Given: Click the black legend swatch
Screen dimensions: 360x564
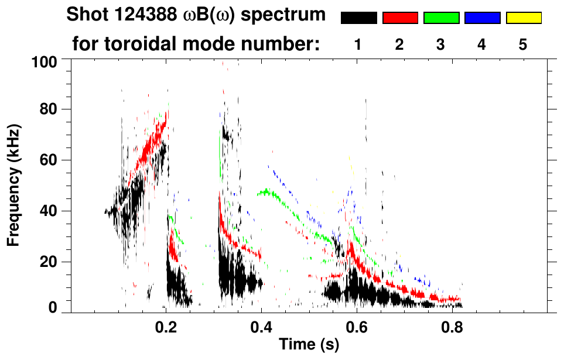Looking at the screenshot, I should [358, 18].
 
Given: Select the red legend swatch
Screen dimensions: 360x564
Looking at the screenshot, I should [400, 18].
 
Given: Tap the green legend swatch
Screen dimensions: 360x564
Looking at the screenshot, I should [441, 18].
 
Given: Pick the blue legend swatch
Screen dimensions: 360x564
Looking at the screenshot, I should [482, 18].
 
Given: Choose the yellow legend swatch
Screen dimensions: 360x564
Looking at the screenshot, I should [524, 18].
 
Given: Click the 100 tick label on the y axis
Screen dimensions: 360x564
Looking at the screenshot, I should [45, 60].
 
